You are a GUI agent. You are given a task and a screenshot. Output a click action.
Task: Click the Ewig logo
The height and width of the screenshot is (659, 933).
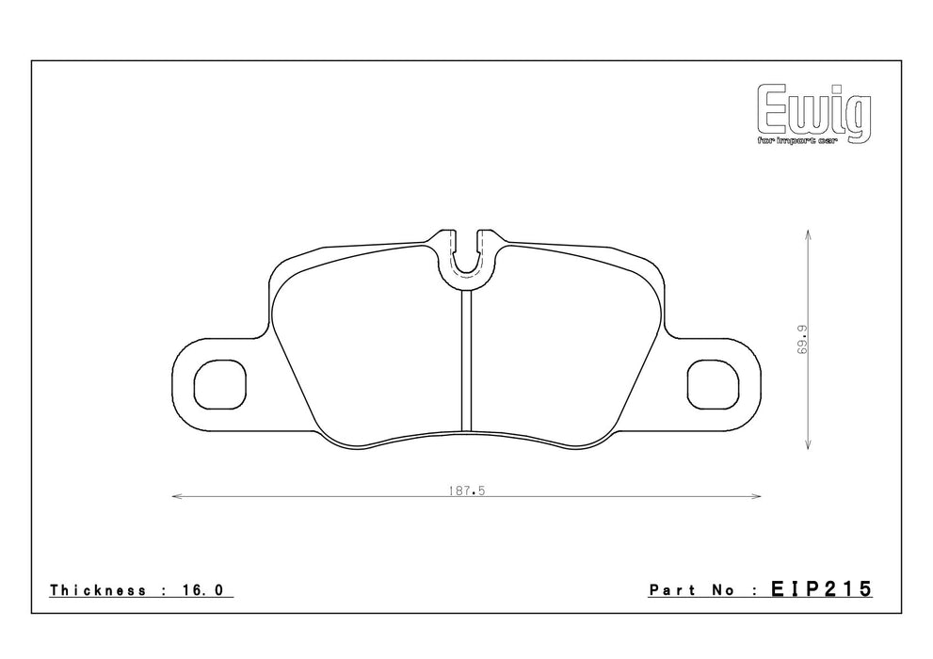[x=813, y=114]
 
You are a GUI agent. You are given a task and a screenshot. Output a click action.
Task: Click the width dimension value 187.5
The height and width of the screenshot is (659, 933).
[x=467, y=491]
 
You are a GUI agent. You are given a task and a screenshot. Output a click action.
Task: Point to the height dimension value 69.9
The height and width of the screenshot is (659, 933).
[x=802, y=340]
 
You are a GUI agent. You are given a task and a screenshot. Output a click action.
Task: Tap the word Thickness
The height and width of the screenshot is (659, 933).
[x=98, y=590]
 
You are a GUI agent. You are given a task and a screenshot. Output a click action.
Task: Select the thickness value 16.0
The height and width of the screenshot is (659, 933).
[x=201, y=590]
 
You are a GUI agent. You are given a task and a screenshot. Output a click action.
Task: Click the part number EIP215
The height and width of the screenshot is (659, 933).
[x=821, y=588]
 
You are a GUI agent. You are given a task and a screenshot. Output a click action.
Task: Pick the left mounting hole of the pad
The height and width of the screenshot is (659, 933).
[x=219, y=384]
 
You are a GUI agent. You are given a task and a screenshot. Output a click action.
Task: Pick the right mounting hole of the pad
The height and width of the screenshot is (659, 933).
[x=713, y=384]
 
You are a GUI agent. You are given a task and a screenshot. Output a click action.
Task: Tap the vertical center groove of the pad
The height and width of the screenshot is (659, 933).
[x=467, y=361]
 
